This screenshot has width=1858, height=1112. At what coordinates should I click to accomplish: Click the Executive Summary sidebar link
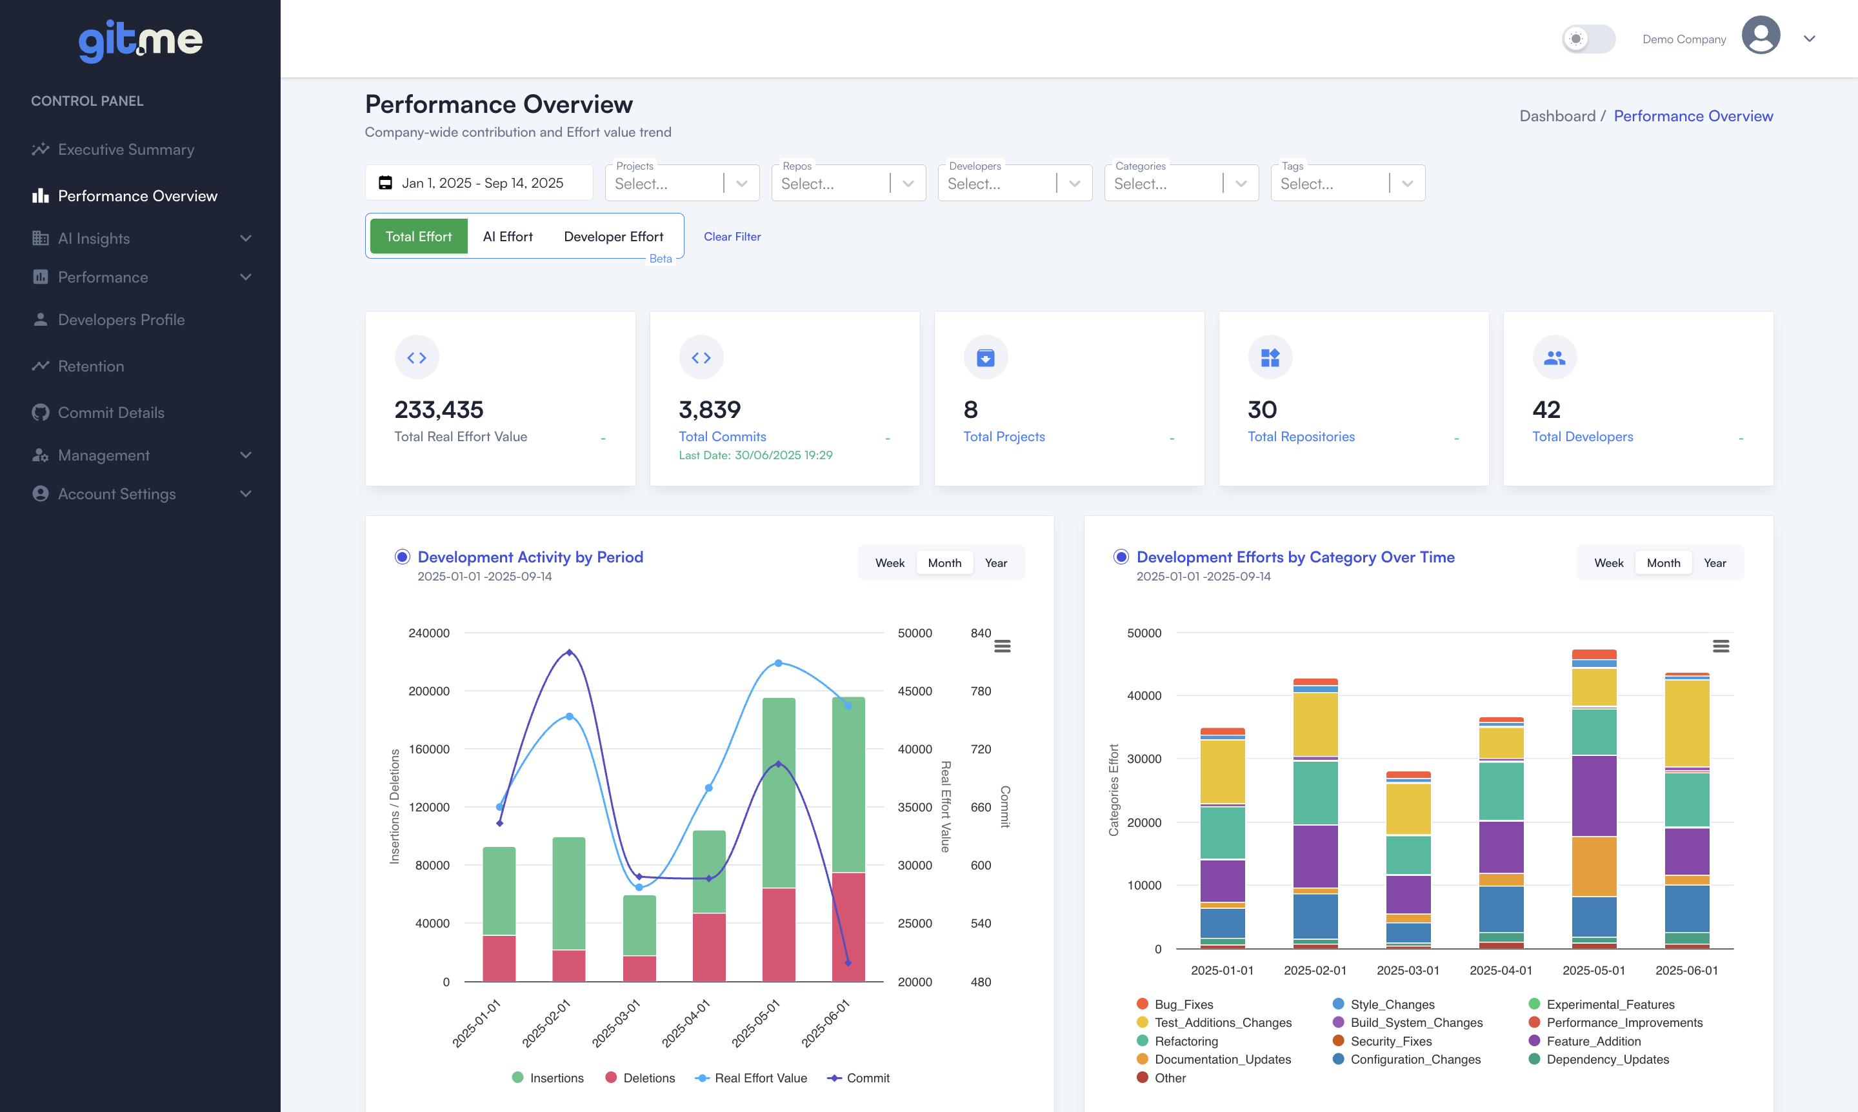click(x=125, y=150)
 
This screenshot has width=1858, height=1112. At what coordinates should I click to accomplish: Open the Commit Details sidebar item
click(x=110, y=413)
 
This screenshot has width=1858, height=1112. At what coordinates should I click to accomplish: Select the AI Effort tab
click(x=508, y=237)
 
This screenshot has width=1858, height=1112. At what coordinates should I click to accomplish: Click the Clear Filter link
click(x=732, y=237)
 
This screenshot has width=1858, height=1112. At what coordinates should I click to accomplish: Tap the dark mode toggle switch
click(x=1588, y=39)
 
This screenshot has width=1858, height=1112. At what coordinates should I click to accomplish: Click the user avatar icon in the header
click(x=1760, y=36)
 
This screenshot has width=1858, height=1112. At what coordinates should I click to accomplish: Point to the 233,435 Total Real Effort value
click(x=439, y=410)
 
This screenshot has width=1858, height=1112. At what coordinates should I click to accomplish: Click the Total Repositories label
click(x=1301, y=437)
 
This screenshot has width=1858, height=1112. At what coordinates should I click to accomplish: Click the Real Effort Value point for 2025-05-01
click(x=778, y=663)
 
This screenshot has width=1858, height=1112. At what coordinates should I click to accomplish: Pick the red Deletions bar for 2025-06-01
click(x=848, y=926)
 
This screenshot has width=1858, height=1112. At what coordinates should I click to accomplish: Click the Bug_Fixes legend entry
click(x=1183, y=1004)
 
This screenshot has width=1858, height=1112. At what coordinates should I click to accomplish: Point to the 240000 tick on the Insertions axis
click(x=429, y=633)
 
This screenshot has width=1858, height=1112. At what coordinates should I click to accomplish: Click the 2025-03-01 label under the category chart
click(x=1408, y=970)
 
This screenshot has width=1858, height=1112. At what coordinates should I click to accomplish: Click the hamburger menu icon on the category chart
click(x=1720, y=646)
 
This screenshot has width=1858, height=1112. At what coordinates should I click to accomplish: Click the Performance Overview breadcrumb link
click(x=1692, y=116)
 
